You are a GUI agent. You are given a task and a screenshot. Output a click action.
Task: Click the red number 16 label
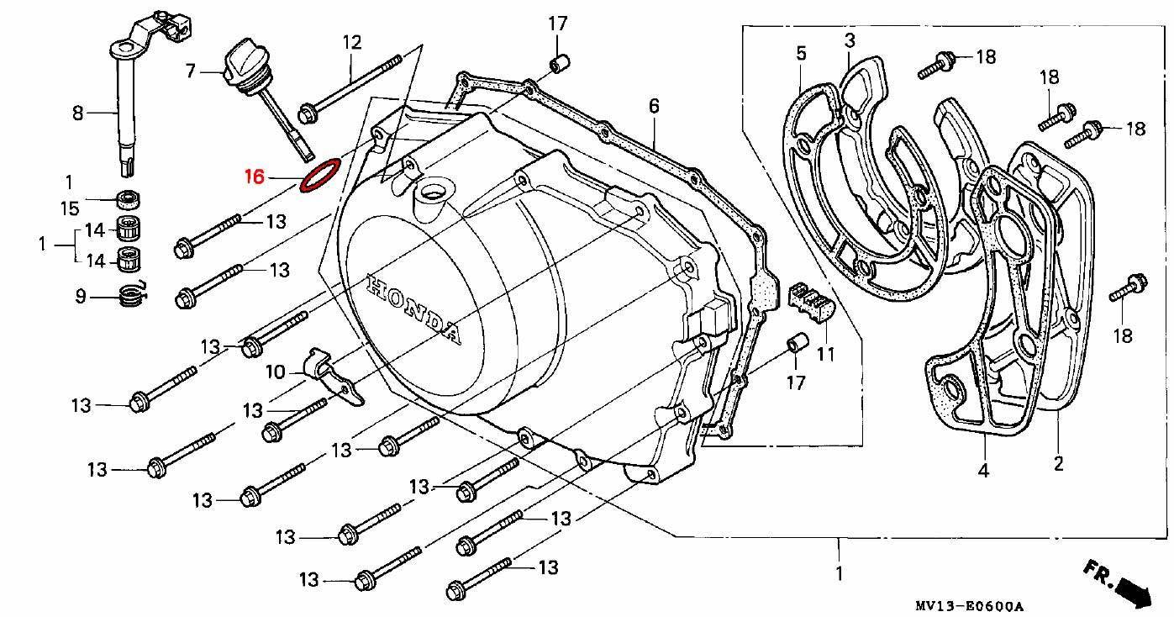(x=255, y=177)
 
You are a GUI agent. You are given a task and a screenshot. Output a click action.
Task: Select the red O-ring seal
(x=320, y=175)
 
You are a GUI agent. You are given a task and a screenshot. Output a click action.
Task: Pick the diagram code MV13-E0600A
(x=970, y=606)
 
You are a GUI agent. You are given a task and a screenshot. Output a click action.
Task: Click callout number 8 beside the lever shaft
(x=77, y=112)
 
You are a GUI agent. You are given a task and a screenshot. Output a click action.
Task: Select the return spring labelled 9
(x=130, y=296)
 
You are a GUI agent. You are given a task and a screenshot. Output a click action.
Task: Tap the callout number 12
(x=351, y=41)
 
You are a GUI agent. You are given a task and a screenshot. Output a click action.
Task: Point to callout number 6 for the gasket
(x=654, y=107)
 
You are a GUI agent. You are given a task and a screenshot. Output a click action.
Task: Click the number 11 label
(x=826, y=354)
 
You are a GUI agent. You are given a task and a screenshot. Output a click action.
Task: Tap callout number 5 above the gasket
(x=801, y=55)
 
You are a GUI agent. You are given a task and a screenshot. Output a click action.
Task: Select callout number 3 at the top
(x=850, y=40)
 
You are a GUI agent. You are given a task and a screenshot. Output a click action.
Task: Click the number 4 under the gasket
(x=982, y=471)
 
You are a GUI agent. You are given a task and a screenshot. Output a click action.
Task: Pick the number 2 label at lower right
(x=1058, y=462)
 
